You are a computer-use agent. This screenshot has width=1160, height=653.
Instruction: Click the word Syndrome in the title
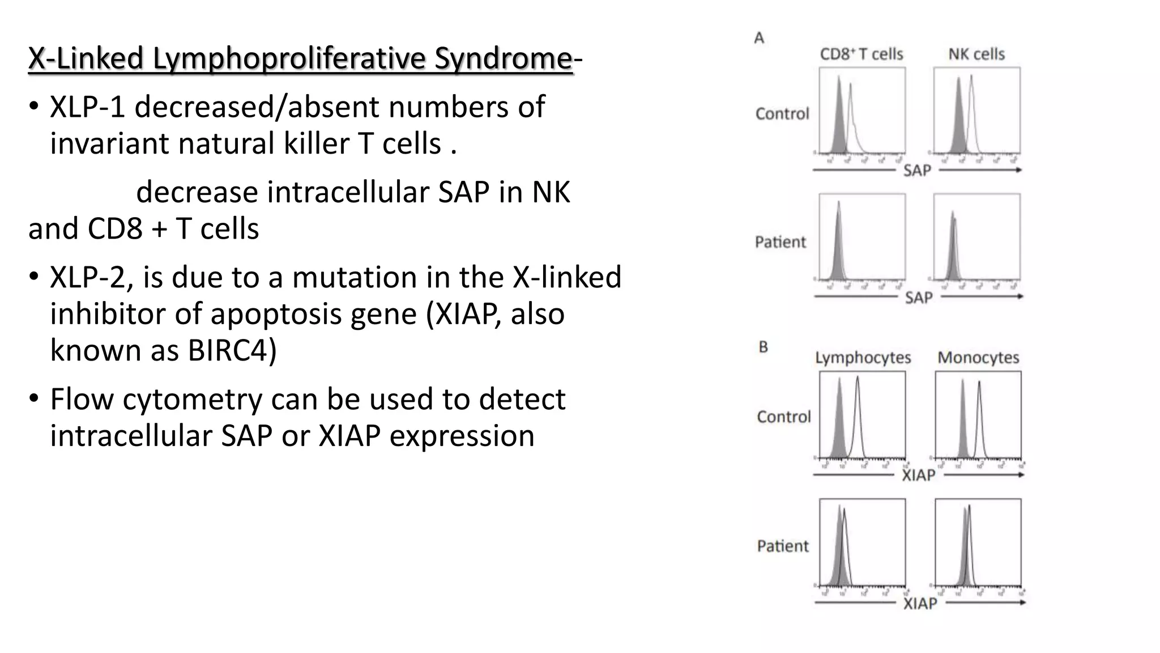[503, 58]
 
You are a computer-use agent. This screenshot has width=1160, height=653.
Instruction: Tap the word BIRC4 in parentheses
[227, 350]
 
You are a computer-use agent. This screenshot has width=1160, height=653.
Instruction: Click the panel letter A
[759, 38]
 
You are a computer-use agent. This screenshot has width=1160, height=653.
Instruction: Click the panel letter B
[763, 347]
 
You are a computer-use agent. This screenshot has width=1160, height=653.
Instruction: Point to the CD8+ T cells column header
[862, 54]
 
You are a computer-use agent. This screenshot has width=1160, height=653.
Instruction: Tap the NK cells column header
[976, 54]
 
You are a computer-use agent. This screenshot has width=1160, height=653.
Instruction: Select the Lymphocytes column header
[863, 358]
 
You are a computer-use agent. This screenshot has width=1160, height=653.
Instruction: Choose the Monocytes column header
[978, 358]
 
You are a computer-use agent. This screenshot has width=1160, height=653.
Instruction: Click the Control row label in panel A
[782, 114]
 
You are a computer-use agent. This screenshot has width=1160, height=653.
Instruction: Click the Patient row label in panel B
[783, 546]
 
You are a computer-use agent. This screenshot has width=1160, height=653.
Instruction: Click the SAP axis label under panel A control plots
[917, 170]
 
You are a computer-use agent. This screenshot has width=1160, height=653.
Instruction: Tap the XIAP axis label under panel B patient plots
[920, 603]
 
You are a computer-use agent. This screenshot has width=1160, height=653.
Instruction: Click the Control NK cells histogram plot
[976, 111]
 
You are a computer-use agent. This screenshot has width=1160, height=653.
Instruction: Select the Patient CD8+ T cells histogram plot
[862, 237]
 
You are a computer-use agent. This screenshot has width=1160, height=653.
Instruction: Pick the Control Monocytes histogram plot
[978, 415]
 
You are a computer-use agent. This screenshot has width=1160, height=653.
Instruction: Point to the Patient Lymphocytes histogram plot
[862, 542]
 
